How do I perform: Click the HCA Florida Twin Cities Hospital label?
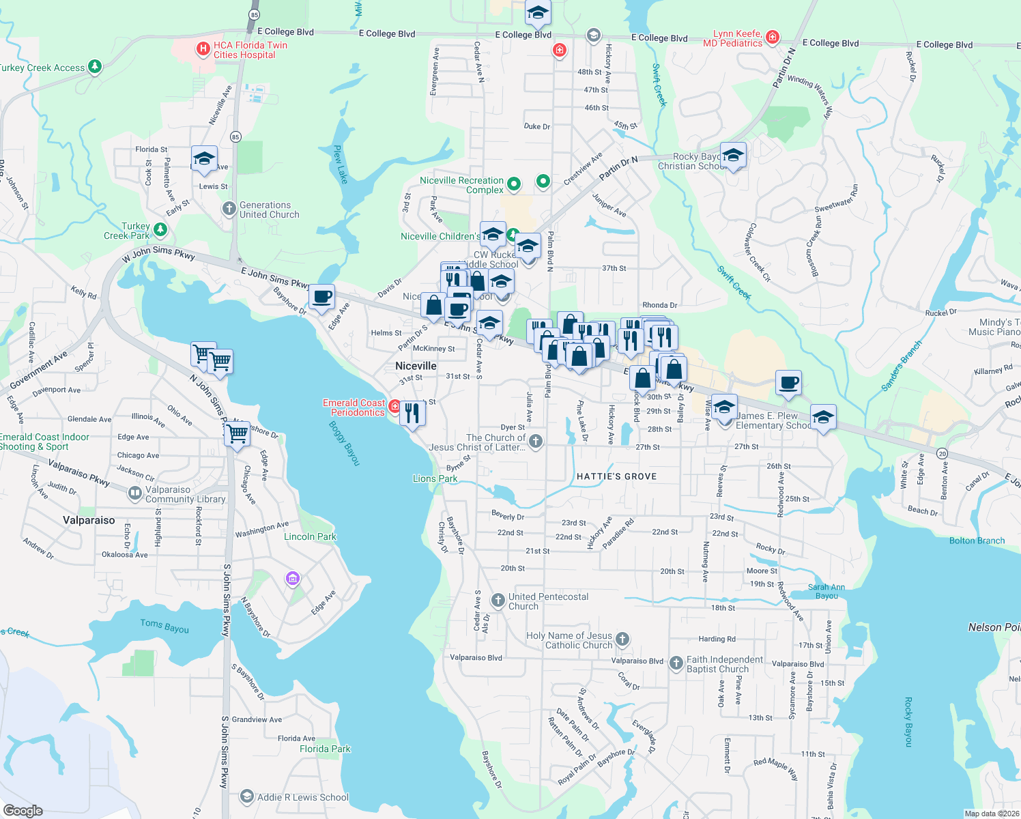(x=250, y=50)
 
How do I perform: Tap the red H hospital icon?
(x=203, y=48)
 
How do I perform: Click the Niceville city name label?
(x=416, y=366)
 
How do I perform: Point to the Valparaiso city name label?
(x=89, y=520)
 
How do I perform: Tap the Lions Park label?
(x=435, y=478)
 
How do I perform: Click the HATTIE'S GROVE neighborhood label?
(x=616, y=476)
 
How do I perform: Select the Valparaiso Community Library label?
(x=185, y=494)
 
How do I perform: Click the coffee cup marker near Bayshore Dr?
(x=321, y=298)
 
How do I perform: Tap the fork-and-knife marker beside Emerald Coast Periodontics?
(x=412, y=413)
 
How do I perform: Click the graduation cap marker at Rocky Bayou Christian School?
(x=732, y=156)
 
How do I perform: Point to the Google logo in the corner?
(x=23, y=810)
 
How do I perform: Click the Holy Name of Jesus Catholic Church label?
(x=569, y=640)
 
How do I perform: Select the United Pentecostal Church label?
(x=548, y=601)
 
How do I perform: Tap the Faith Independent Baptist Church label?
(x=724, y=664)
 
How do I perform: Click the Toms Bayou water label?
(x=164, y=626)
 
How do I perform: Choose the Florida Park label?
(x=325, y=749)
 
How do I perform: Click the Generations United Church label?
(x=269, y=210)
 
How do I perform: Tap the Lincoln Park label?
(x=310, y=536)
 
